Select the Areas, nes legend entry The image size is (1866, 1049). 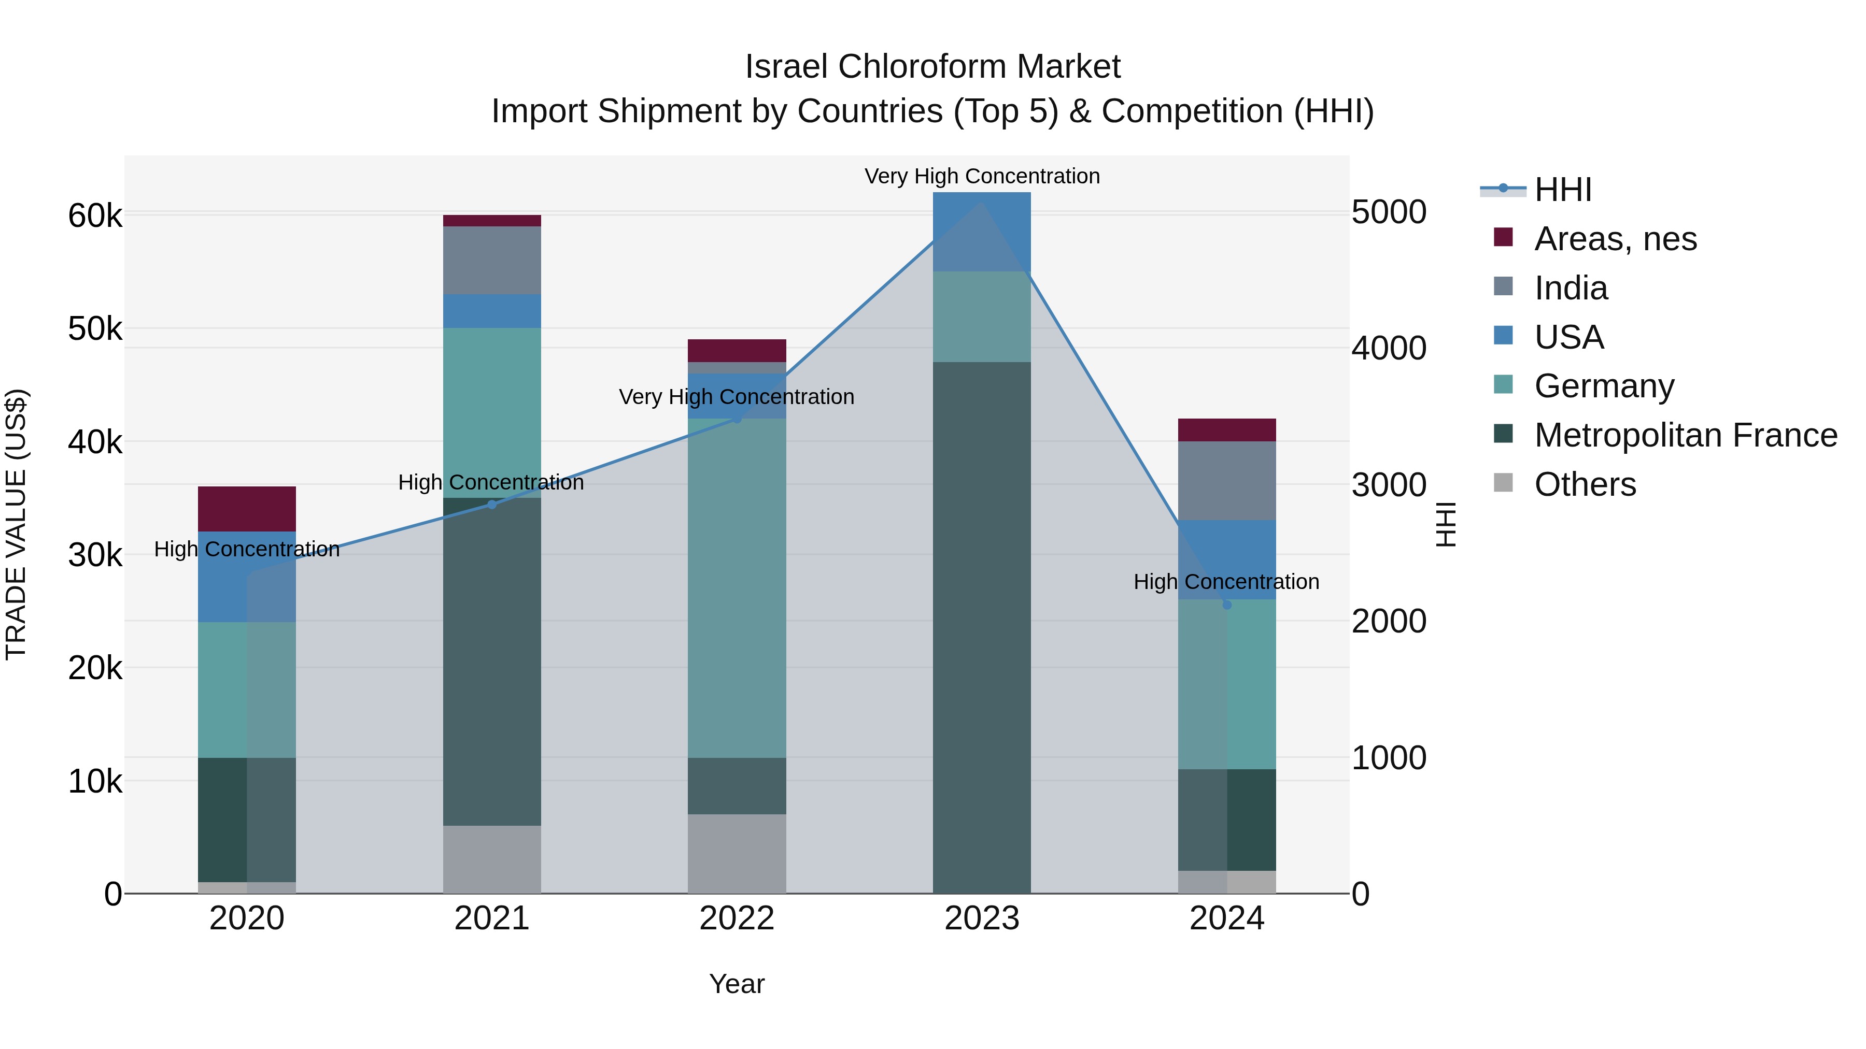[1615, 239]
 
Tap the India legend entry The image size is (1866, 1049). [1571, 288]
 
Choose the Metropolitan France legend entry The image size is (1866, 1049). [1685, 435]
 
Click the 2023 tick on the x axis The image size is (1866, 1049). [982, 918]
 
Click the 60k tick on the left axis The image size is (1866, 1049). [95, 215]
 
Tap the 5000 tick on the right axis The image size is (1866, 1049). [1389, 213]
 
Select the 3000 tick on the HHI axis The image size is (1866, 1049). [1389, 485]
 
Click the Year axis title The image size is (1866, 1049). [737, 984]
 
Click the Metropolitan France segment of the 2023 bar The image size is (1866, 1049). [982, 627]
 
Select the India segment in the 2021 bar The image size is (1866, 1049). [492, 261]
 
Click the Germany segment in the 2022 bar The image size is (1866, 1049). [737, 588]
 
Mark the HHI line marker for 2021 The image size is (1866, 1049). [492, 505]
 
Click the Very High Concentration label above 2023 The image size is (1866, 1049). [982, 176]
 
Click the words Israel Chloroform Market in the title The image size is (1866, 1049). [932, 67]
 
